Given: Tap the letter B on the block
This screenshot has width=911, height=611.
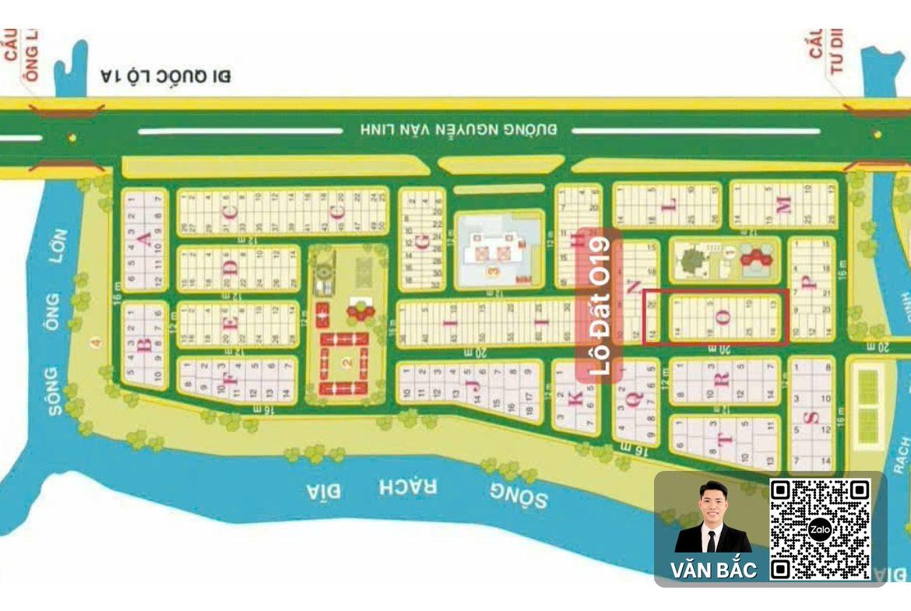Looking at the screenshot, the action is pyautogui.click(x=144, y=346).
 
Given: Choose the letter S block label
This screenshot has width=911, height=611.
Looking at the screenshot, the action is pyautogui.click(x=812, y=418).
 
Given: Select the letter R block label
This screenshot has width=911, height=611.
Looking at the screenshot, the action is pyautogui.click(x=722, y=379).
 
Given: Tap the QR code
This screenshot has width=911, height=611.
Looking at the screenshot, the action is pyautogui.click(x=819, y=529).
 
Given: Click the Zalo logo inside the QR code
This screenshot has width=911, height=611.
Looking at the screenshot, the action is pyautogui.click(x=819, y=530).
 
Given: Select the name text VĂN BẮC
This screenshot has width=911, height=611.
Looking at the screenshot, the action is pyautogui.click(x=713, y=570).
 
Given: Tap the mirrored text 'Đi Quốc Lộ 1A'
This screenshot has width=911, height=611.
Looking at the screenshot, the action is pyautogui.click(x=166, y=75).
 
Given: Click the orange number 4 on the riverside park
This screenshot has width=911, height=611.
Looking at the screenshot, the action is pyautogui.click(x=97, y=342).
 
